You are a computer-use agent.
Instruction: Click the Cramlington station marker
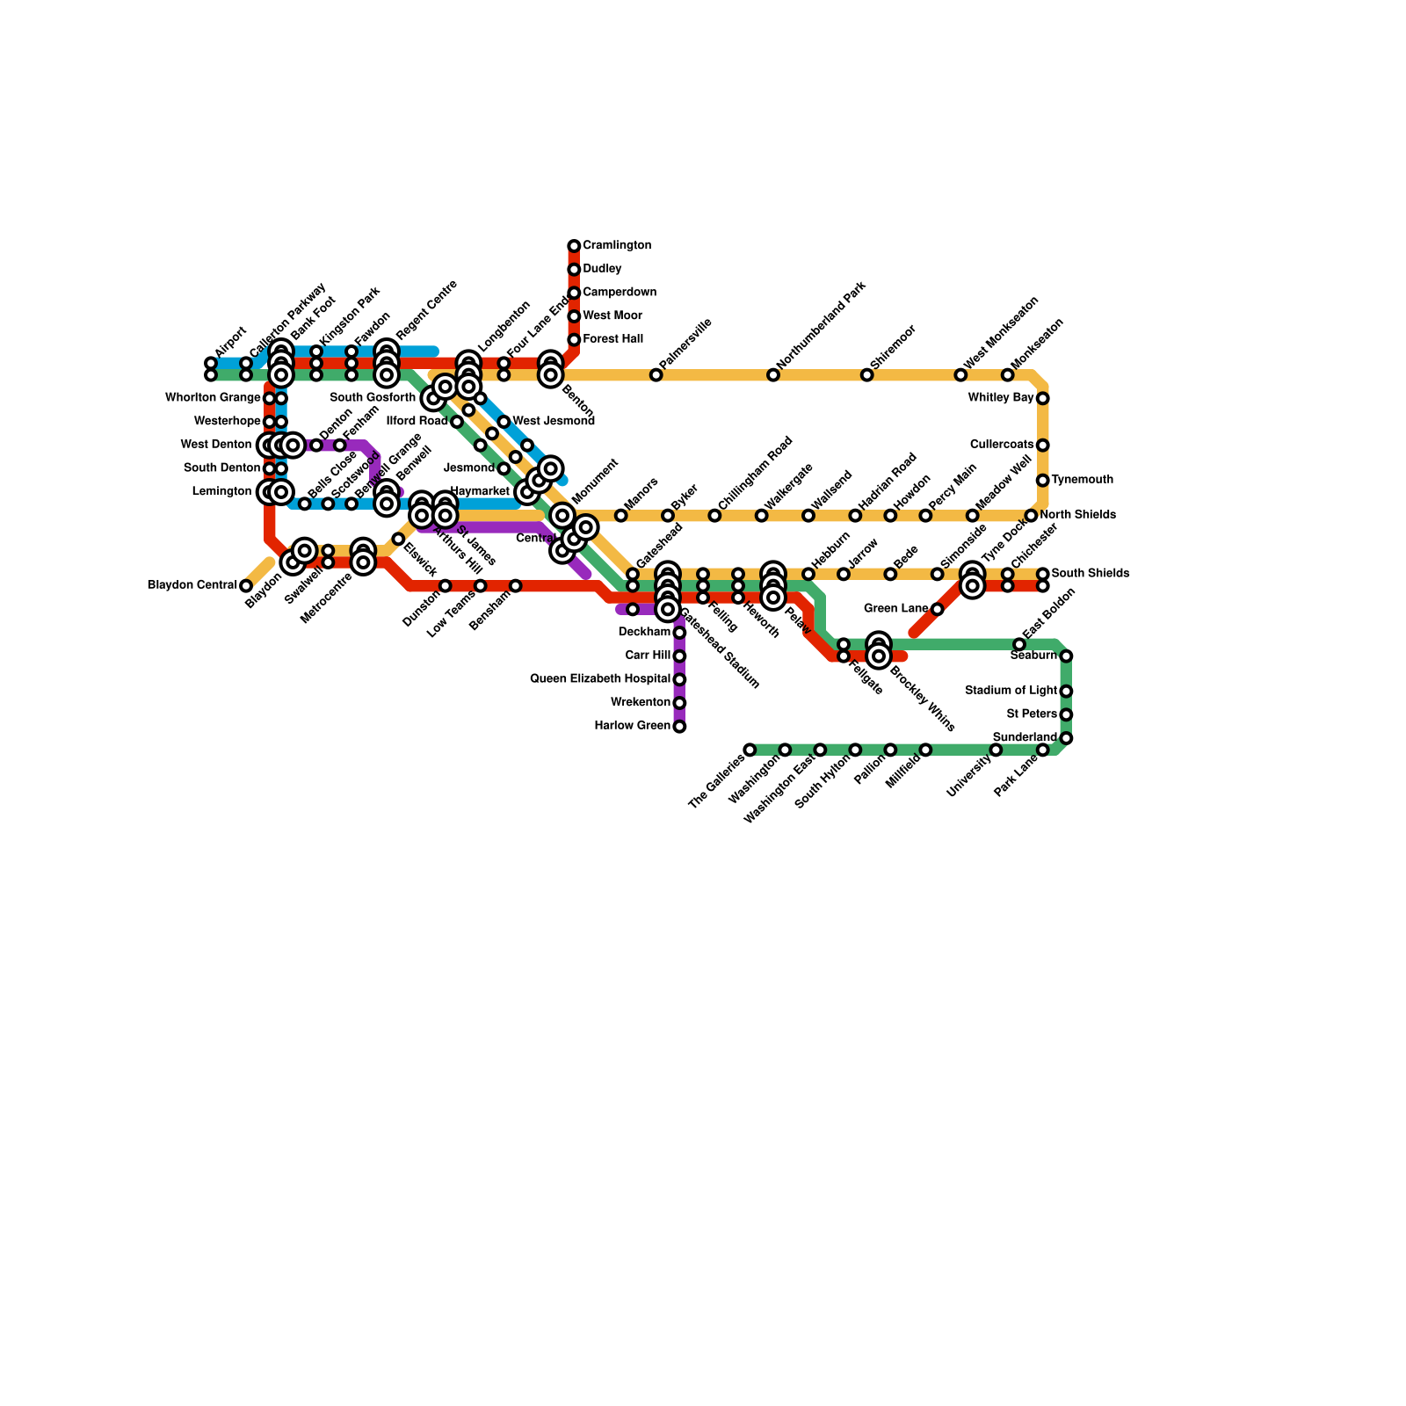point(574,246)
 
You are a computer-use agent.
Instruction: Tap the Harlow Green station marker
point(679,727)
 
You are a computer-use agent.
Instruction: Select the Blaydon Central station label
point(192,585)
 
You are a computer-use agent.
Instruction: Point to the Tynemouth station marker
point(1042,481)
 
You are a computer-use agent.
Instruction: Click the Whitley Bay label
point(1001,398)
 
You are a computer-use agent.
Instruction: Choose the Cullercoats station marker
point(1042,446)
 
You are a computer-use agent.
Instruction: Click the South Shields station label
point(1090,574)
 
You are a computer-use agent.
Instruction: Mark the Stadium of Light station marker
point(1066,692)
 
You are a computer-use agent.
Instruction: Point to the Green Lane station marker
point(937,609)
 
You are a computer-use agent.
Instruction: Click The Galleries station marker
point(750,750)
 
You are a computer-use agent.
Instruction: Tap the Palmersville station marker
point(656,375)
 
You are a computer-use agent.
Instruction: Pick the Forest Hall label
point(612,339)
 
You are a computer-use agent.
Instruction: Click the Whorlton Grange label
point(213,398)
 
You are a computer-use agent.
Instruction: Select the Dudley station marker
point(574,270)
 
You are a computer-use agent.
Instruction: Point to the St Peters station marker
point(1066,714)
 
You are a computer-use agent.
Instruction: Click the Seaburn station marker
point(1066,656)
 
